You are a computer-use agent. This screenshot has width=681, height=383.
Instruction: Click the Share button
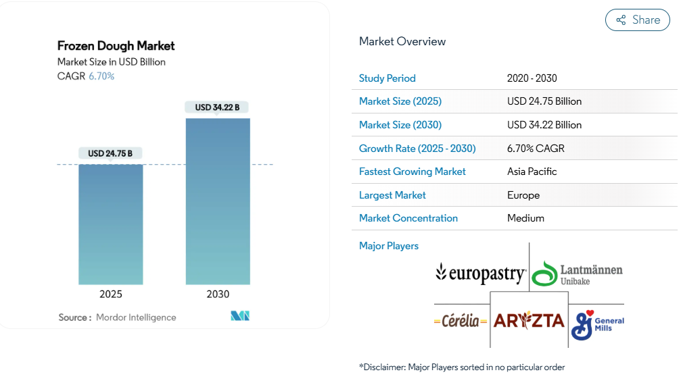[637, 20]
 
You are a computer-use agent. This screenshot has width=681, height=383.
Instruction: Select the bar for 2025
[110, 224]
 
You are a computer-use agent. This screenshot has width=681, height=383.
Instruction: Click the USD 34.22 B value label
[217, 107]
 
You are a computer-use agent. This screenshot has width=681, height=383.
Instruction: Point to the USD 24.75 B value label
[110, 153]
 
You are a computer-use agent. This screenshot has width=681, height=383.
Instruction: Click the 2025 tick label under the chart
[110, 295]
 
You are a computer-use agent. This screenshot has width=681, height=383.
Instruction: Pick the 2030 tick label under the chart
[218, 295]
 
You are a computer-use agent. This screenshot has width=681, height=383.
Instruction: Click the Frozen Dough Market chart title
[116, 46]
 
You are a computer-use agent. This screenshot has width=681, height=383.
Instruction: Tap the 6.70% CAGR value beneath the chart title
[101, 76]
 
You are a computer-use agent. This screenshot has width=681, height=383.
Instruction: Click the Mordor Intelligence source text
[135, 317]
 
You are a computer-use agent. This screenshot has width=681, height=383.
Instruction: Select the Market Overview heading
[402, 41]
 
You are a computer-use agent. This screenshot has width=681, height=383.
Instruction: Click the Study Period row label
[388, 78]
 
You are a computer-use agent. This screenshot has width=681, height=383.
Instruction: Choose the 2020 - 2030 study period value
[532, 78]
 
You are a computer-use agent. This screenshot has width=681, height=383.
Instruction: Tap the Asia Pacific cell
[532, 172]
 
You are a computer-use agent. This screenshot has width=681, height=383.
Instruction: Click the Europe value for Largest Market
[523, 195]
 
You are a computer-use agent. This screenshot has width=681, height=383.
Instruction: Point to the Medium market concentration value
[525, 218]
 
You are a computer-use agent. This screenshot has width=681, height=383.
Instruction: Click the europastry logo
[481, 273]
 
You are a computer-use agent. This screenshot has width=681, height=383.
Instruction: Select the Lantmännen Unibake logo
[577, 274]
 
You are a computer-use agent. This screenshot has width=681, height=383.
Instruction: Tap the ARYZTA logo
[529, 320]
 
